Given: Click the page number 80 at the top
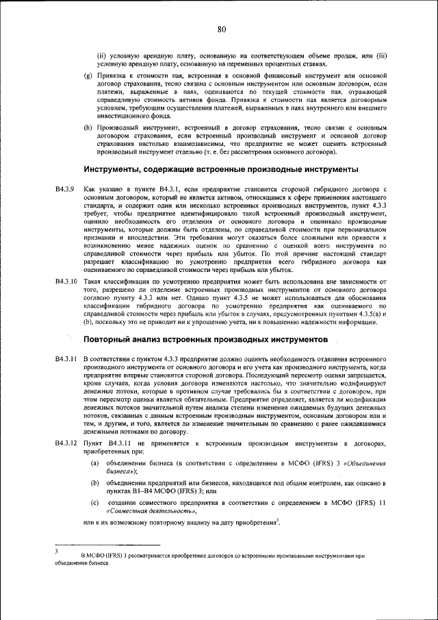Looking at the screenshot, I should click(220, 29).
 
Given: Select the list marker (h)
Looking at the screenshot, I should click(87, 127).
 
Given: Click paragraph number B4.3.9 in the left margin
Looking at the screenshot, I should click(64, 188).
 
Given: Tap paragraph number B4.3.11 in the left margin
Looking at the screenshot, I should click(66, 359).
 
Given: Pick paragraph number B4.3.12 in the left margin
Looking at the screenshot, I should click(66, 444).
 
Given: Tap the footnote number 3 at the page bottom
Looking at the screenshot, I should click(57, 550).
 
